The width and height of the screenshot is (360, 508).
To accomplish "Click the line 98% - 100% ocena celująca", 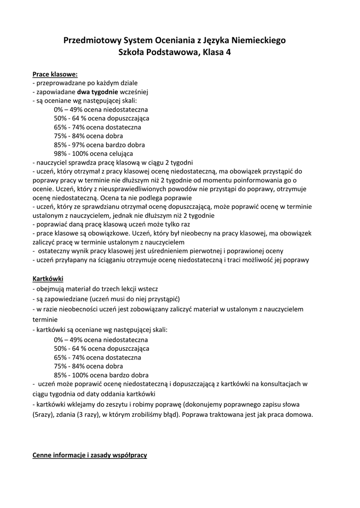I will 93,154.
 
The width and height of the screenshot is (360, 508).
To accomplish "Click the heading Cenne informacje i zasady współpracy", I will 90,455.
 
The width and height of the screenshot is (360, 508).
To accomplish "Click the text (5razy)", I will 44,415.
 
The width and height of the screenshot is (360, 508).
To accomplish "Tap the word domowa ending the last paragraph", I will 298,415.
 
